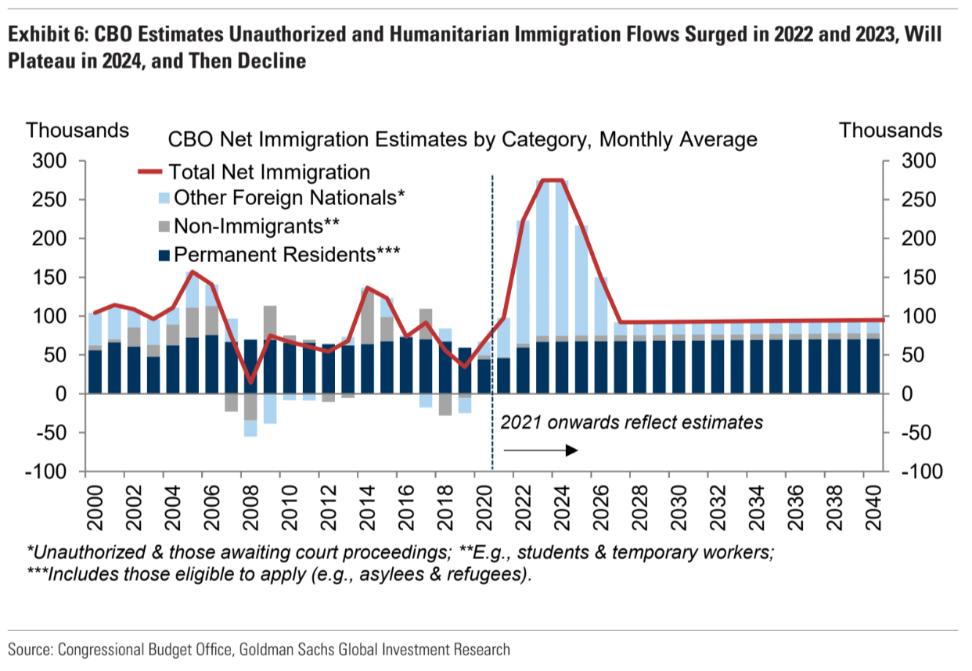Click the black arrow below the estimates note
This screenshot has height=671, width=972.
tap(540, 450)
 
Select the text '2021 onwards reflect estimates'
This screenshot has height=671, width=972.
tap(632, 422)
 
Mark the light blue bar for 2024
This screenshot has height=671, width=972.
tap(553, 258)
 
